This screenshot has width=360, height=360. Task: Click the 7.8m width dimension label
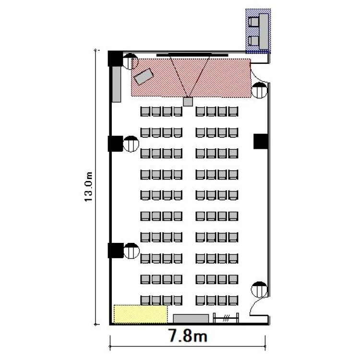[x=188, y=336]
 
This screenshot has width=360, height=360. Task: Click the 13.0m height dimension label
[x=88, y=187]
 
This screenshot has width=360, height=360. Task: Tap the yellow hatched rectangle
[x=141, y=314]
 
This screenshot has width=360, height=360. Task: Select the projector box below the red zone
[x=188, y=102]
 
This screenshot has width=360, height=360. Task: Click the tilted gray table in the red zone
[x=144, y=77]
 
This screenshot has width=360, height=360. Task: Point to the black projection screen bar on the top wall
[x=192, y=55]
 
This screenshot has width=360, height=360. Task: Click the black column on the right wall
[x=261, y=142]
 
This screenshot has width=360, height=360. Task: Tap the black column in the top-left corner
[x=115, y=59]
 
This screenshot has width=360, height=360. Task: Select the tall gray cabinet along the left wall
[x=117, y=84]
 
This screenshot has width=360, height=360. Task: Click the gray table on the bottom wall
[x=191, y=319]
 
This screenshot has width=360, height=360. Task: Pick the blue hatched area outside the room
[x=258, y=31]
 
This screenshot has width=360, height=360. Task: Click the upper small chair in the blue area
[x=253, y=22]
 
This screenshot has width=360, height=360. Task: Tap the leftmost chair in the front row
[x=145, y=111]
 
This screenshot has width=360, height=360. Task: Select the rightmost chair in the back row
[x=233, y=300]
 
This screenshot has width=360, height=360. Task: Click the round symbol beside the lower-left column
[x=132, y=251]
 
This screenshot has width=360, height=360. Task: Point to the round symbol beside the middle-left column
[x=131, y=144]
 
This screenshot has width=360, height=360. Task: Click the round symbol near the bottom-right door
[x=259, y=289]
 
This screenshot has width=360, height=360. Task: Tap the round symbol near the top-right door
[x=259, y=90]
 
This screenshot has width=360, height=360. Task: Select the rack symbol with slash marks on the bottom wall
[x=226, y=318]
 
